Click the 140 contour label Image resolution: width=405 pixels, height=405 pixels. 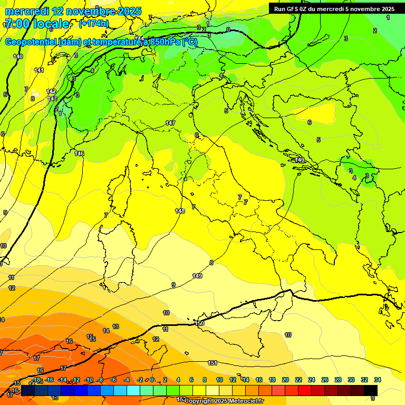[18, 56]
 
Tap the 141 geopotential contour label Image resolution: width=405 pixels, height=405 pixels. [39, 70]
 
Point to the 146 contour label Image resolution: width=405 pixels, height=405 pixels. [79, 153]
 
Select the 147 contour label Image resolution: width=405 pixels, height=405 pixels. [170, 123]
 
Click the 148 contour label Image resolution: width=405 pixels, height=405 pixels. [180, 211]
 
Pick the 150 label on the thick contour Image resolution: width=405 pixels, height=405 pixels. [199, 323]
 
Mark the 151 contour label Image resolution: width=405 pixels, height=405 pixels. [213, 363]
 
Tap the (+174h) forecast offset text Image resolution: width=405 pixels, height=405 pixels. [94, 24]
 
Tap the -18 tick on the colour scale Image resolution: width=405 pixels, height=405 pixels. [36, 380]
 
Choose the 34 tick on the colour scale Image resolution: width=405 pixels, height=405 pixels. [378, 380]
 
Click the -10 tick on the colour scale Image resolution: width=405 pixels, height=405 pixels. [89, 380]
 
